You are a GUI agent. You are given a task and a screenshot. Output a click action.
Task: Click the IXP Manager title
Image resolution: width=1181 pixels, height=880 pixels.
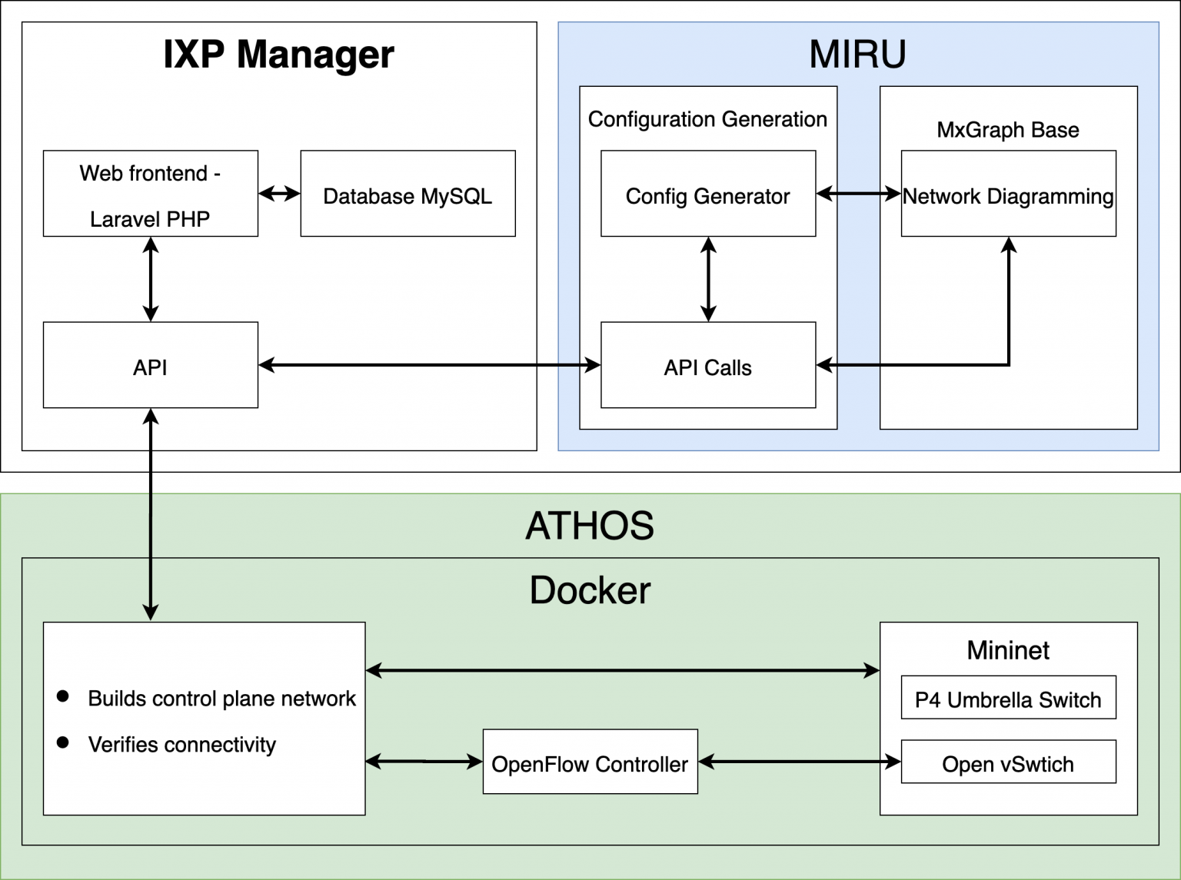pyautogui.click(x=278, y=55)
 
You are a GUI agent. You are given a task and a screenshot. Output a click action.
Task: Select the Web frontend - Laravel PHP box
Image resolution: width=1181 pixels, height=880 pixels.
pyautogui.click(x=151, y=194)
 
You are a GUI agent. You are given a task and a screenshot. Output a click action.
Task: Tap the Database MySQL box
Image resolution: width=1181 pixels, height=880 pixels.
pyautogui.click(x=408, y=194)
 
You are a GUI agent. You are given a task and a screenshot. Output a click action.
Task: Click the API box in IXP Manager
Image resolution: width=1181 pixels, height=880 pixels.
pyautogui.click(x=151, y=366)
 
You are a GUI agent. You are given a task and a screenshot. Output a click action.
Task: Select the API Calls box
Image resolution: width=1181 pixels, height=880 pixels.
pyautogui.click(x=707, y=366)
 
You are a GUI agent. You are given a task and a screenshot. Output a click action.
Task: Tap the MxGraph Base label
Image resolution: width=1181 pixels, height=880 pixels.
pyautogui.click(x=1007, y=130)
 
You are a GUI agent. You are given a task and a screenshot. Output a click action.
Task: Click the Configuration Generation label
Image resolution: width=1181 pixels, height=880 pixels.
pyautogui.click(x=707, y=119)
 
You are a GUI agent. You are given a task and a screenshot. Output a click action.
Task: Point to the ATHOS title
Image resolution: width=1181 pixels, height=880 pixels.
pyautogui.click(x=590, y=526)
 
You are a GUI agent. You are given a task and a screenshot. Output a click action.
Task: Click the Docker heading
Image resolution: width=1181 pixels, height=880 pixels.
pyautogui.click(x=590, y=590)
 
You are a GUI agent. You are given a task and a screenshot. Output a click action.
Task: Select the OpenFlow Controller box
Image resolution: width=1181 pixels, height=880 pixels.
pyautogui.click(x=590, y=762)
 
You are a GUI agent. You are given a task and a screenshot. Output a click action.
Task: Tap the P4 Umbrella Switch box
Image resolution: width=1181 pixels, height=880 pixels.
pyautogui.click(x=1008, y=698)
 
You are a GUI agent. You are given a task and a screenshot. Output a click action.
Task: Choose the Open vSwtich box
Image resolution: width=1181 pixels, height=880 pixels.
pyautogui.click(x=1008, y=762)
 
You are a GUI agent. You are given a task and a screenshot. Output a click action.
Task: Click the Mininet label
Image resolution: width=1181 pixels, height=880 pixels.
pyautogui.click(x=1008, y=650)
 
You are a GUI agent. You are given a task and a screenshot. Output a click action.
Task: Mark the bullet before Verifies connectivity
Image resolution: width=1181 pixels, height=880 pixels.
pyautogui.click(x=63, y=742)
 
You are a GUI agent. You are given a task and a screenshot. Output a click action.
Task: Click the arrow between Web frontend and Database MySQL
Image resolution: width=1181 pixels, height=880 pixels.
pyautogui.click(x=279, y=194)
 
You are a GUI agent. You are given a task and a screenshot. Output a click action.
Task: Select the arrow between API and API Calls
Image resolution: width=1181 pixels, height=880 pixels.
pyautogui.click(x=429, y=365)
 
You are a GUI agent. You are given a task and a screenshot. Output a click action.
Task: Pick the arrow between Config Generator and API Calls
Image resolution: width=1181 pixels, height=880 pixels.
pyautogui.click(x=708, y=279)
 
